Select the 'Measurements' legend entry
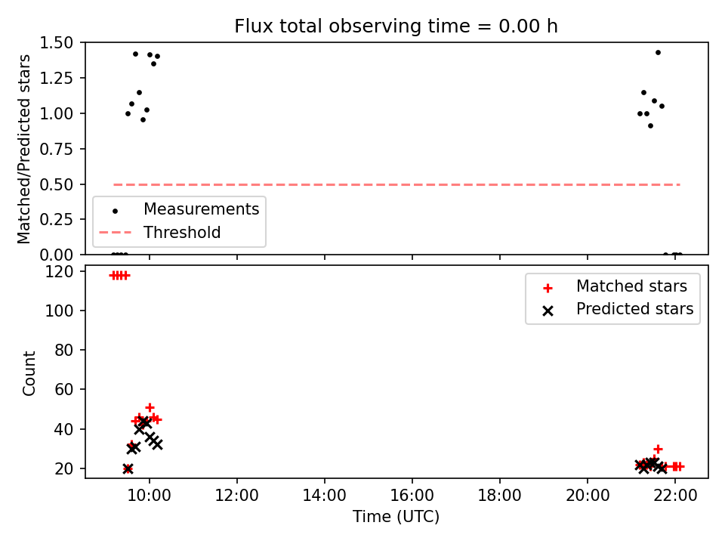point(201,209)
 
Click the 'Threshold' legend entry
point(182,232)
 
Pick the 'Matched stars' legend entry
point(631,286)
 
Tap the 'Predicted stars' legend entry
point(634,309)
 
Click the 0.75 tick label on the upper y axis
point(57,149)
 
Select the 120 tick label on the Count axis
point(59,271)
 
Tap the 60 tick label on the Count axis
point(64,390)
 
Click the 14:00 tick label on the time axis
point(325,496)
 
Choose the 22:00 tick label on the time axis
point(675,496)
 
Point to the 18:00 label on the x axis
point(500,496)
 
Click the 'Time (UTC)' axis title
point(396,516)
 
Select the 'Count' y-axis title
point(29,373)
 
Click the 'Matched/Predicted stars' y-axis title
point(23,149)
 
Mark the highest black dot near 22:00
point(658,53)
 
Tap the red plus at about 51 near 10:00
point(150,407)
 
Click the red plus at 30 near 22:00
point(658,449)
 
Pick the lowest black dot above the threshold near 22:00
point(650,126)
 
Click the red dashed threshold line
point(396,184)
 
